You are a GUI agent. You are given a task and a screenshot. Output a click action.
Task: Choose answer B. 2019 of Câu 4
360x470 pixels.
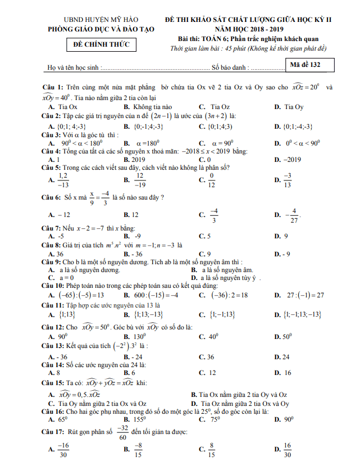coord(134,159)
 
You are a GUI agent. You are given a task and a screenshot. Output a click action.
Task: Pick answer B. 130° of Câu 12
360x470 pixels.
coord(135,337)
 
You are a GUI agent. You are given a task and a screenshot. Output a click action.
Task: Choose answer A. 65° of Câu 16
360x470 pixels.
coord(58,419)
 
